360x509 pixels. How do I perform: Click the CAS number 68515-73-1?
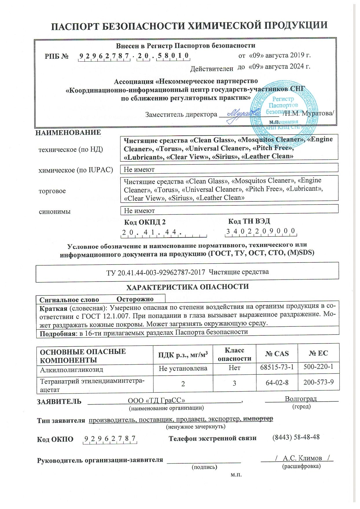277,367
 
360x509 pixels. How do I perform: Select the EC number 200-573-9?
318,382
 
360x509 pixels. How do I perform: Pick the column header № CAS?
277,353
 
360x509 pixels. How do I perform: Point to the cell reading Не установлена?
183,368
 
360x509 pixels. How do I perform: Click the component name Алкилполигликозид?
71,370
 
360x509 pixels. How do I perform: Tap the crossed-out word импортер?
258,419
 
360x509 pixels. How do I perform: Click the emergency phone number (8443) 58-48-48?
296,437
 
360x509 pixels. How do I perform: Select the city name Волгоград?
301,398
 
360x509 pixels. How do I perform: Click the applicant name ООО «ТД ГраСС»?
157,400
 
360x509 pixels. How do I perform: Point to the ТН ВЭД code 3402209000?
261,231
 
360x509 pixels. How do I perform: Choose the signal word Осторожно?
135,299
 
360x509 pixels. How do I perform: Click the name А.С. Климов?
302,458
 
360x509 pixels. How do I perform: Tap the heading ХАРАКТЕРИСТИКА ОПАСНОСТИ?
188,287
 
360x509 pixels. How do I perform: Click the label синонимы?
55,212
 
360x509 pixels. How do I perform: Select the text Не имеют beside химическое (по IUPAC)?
139,170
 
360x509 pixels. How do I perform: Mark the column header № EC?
318,353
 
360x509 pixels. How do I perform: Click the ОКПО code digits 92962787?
110,439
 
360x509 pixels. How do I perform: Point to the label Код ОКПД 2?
145,222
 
